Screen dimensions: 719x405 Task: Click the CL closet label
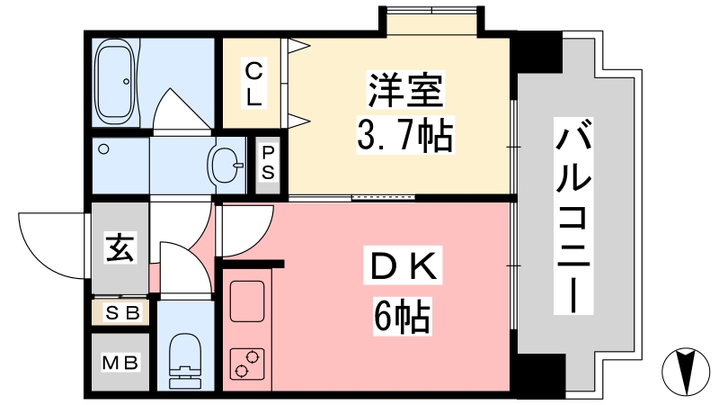click(253, 85)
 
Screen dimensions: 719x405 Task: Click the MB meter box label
click(120, 363)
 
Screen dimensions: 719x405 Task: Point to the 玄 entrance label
click(120, 248)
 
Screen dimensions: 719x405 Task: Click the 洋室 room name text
click(405, 89)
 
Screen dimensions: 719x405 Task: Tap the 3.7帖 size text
click(404, 134)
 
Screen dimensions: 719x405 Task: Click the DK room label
click(403, 267)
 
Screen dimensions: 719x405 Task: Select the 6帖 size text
click(402, 316)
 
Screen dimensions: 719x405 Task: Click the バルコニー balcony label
click(573, 216)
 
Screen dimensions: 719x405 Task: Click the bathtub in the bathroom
click(116, 82)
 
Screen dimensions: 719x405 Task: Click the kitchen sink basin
click(246, 301)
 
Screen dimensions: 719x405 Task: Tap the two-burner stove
click(247, 364)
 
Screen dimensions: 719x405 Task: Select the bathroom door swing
click(183, 109)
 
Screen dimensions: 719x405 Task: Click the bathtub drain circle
click(126, 82)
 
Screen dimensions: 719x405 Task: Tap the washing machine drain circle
click(104, 149)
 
